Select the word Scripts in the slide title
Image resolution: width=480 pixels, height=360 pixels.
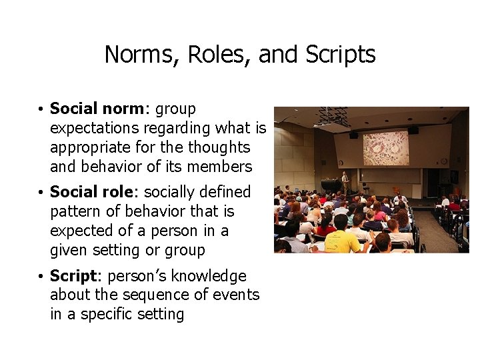pyautogui.click(x=341, y=55)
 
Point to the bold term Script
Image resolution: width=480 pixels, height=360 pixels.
pyautogui.click(x=74, y=276)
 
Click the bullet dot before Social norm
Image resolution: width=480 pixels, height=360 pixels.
pyautogui.click(x=41, y=109)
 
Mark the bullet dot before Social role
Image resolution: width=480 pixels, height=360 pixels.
pyautogui.click(x=41, y=193)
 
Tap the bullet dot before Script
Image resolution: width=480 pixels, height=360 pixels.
pyautogui.click(x=41, y=277)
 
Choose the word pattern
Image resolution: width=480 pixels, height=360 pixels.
pyautogui.click(x=75, y=211)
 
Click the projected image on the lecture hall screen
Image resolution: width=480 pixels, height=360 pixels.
pyautogui.click(x=385, y=147)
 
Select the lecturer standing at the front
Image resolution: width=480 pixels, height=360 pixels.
pyautogui.click(x=345, y=182)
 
